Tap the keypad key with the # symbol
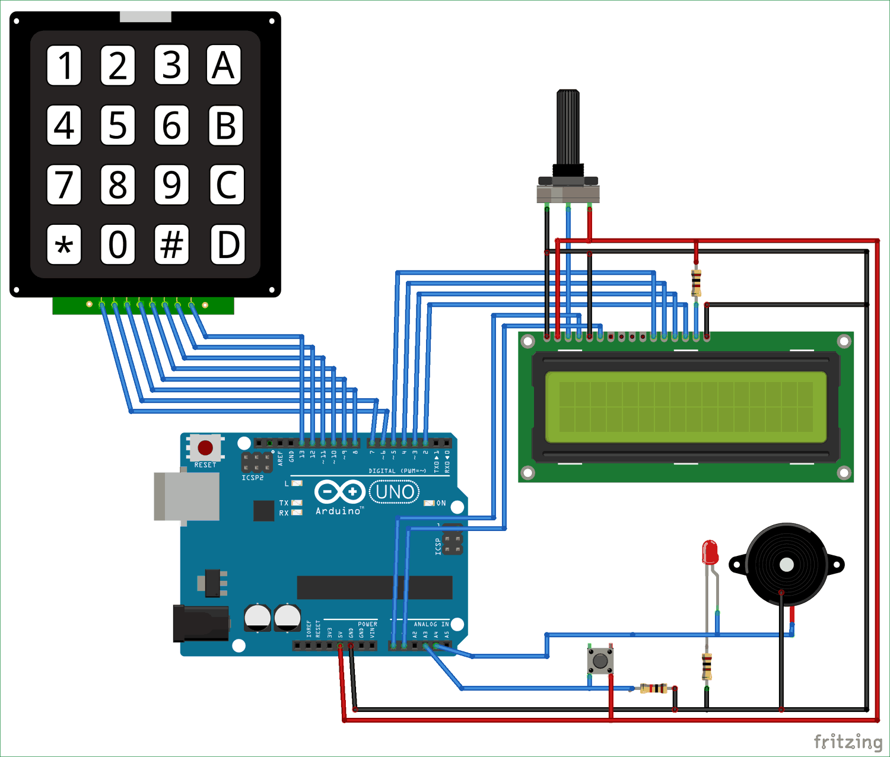pos(171,244)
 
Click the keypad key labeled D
pos(228,244)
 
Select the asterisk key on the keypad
pos(64,244)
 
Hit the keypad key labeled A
pos(224,65)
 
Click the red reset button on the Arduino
pos(205,447)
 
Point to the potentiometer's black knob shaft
pos(568,128)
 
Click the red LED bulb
pos(710,552)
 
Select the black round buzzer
pos(786,564)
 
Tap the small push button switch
pos(600,660)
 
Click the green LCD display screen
pos(685,407)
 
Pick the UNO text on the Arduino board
pos(395,492)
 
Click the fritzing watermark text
pos(847,742)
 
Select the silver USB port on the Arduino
pos(186,497)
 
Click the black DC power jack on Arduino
pos(201,623)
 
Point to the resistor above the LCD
pos(696,283)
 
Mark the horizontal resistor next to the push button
pos(653,688)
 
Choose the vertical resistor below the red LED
pos(707,666)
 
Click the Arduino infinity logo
pos(339,492)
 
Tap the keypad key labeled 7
pos(64,185)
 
